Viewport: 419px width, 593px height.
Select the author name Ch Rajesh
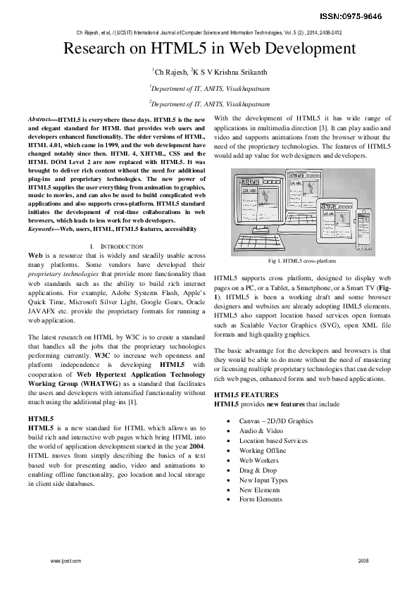click(x=171, y=71)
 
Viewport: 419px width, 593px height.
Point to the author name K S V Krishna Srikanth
click(x=229, y=71)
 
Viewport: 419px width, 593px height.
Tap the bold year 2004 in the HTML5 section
click(x=196, y=447)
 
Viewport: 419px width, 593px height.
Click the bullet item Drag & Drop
click(x=258, y=470)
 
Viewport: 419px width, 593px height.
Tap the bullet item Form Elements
click(x=261, y=499)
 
